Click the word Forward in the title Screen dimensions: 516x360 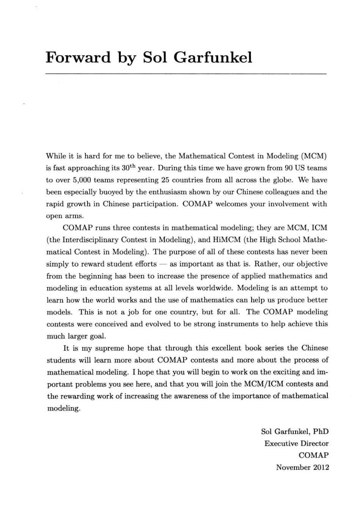78,57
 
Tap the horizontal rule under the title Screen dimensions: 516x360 186,74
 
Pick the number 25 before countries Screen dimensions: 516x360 165,180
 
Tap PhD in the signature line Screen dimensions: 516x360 321,431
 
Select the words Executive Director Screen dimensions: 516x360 296,444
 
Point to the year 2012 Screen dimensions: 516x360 321,467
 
